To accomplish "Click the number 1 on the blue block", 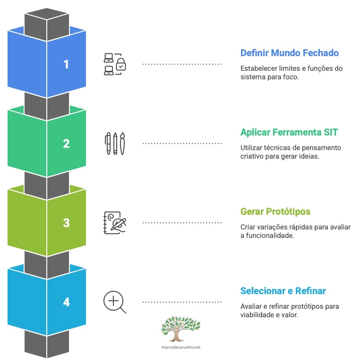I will (x=66, y=64).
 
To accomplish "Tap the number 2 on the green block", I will (x=66, y=144).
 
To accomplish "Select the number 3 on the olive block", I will (x=66, y=223).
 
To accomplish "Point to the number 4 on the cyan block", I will (x=66, y=302).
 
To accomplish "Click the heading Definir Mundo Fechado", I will (x=289, y=53).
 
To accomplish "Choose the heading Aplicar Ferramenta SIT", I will (x=289, y=132).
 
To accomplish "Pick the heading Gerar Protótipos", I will (x=275, y=211).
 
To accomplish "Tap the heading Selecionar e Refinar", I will (x=283, y=290).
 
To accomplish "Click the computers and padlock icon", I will (x=115, y=64).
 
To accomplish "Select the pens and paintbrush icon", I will (x=115, y=144).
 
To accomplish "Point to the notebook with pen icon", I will (x=115, y=223).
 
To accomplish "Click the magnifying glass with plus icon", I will (x=115, y=302).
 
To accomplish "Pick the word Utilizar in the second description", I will (x=252, y=148).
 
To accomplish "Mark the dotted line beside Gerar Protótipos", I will (x=182, y=222).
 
